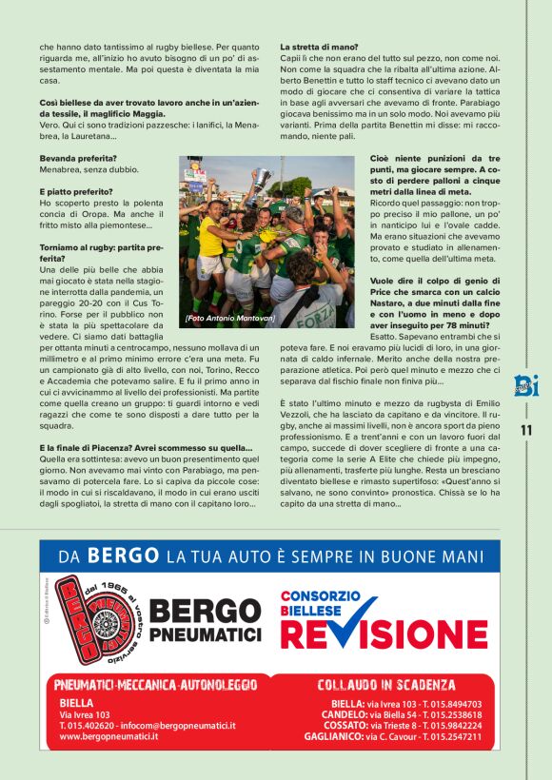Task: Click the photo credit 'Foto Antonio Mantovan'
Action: point(228,317)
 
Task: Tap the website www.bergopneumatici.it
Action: point(120,735)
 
